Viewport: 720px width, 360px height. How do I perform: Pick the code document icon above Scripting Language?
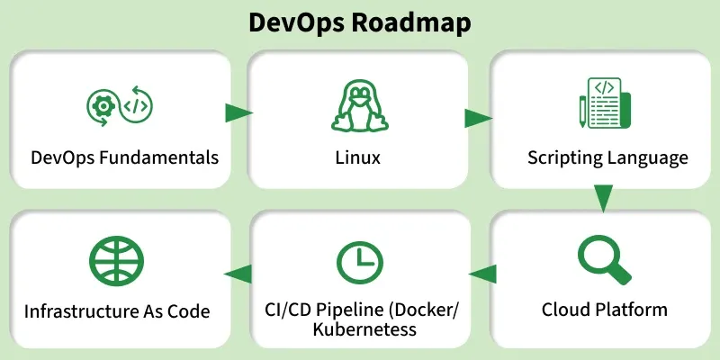tap(603, 103)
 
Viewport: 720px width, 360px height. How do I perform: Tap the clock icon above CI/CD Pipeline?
tap(358, 261)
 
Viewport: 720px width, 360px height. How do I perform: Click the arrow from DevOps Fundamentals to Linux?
tap(238, 112)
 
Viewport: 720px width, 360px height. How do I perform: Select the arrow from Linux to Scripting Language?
tap(478, 118)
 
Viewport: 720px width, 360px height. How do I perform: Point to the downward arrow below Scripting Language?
tap(603, 197)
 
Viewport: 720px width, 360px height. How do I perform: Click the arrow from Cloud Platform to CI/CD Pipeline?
tap(482, 273)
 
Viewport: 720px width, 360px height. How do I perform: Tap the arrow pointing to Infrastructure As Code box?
tap(238, 274)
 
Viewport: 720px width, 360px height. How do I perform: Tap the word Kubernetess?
tap(364, 329)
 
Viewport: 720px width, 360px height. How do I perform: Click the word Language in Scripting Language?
tap(647, 158)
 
